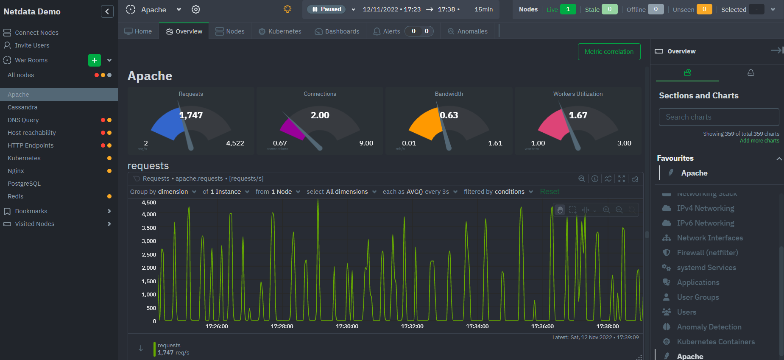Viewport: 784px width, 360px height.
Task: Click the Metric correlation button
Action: pyautogui.click(x=609, y=52)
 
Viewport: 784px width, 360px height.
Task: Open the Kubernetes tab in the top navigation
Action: pyautogui.click(x=280, y=31)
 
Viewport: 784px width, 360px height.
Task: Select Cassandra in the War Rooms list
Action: pyautogui.click(x=22, y=107)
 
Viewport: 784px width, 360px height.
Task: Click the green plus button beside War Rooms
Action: pyautogui.click(x=95, y=60)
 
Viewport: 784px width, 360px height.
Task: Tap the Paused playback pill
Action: pyautogui.click(x=326, y=9)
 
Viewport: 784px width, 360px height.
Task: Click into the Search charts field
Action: pyautogui.click(x=719, y=117)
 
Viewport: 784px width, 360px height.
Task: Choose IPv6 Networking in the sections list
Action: pyautogui.click(x=705, y=223)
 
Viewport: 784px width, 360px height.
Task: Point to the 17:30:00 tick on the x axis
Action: pyautogui.click(x=347, y=326)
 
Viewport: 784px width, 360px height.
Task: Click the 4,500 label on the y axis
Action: pyautogui.click(x=149, y=203)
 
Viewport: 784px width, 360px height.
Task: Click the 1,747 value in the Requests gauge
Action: pyautogui.click(x=191, y=115)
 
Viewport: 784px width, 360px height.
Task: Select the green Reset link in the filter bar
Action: pyautogui.click(x=550, y=192)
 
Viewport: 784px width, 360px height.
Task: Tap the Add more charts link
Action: pyautogui.click(x=759, y=141)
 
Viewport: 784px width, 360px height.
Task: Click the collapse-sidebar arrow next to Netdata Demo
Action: pyautogui.click(x=107, y=11)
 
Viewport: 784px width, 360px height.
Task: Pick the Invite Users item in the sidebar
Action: pyautogui.click(x=32, y=45)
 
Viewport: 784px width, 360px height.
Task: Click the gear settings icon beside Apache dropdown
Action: pyautogui.click(x=195, y=9)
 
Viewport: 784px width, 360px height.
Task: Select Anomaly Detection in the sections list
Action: pyautogui.click(x=709, y=327)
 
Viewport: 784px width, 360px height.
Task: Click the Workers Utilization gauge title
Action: pyautogui.click(x=578, y=94)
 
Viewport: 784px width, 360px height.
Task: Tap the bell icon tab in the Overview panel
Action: pyautogui.click(x=751, y=73)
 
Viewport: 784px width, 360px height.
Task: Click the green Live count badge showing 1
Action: pyautogui.click(x=568, y=9)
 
